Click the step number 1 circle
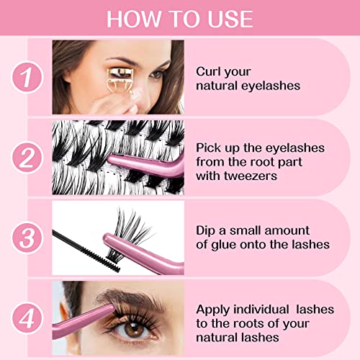click(x=27, y=77)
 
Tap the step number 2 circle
click(x=27, y=158)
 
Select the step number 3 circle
click(x=27, y=238)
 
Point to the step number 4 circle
click(x=27, y=319)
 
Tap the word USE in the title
click(x=230, y=19)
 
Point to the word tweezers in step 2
click(x=251, y=176)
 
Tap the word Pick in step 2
click(x=208, y=148)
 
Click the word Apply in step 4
click(x=213, y=310)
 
